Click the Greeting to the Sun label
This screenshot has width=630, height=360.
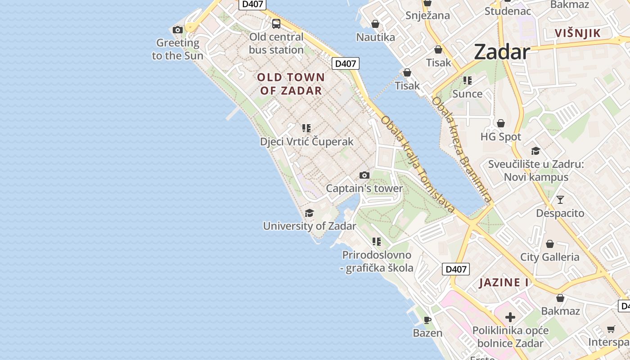(x=178, y=49)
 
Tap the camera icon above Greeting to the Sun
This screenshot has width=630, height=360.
(x=178, y=30)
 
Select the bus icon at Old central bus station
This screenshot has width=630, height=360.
(x=276, y=24)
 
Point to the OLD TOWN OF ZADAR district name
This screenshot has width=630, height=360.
(x=291, y=84)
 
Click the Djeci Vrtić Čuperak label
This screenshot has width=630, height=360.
(x=307, y=142)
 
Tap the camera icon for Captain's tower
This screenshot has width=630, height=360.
(x=364, y=175)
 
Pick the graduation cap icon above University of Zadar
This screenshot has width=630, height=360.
(x=310, y=213)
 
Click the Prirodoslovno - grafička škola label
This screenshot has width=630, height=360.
(x=377, y=261)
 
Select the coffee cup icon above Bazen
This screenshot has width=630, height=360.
(x=427, y=320)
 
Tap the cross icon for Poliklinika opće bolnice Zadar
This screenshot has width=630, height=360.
(x=510, y=317)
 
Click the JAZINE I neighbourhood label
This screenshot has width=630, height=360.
(x=504, y=283)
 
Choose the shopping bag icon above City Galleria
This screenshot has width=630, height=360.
(x=550, y=244)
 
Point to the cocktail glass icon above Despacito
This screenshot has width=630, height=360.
(x=560, y=199)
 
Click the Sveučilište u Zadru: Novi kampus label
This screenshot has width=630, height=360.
(x=536, y=171)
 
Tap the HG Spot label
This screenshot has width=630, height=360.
(x=501, y=137)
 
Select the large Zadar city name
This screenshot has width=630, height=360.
(x=502, y=52)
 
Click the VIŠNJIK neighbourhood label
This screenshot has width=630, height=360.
(x=578, y=33)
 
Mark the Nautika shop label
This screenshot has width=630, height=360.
(x=376, y=37)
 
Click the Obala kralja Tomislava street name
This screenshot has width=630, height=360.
(x=418, y=164)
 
